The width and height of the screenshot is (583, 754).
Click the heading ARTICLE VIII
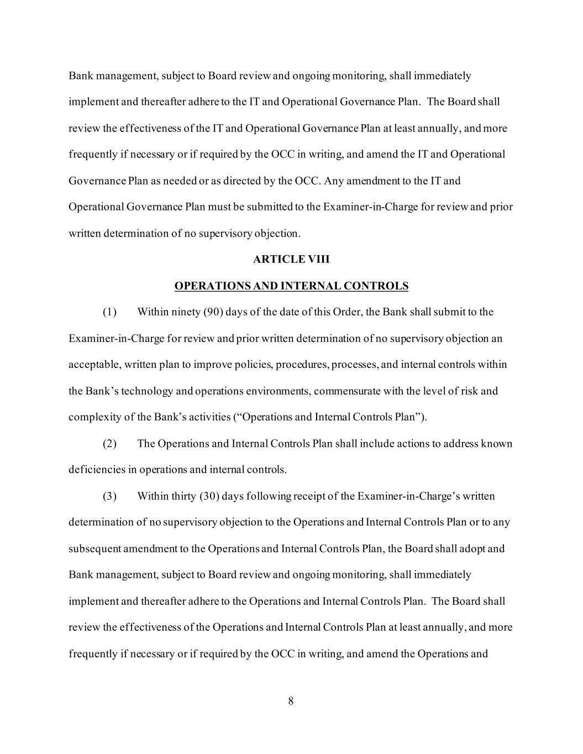(291, 259)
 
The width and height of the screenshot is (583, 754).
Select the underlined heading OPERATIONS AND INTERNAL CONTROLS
(291, 286)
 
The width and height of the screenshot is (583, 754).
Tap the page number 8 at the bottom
(291, 702)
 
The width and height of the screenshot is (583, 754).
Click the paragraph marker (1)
(109, 312)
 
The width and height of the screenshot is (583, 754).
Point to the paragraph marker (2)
(109, 444)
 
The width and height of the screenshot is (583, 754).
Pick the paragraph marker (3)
(109, 496)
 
